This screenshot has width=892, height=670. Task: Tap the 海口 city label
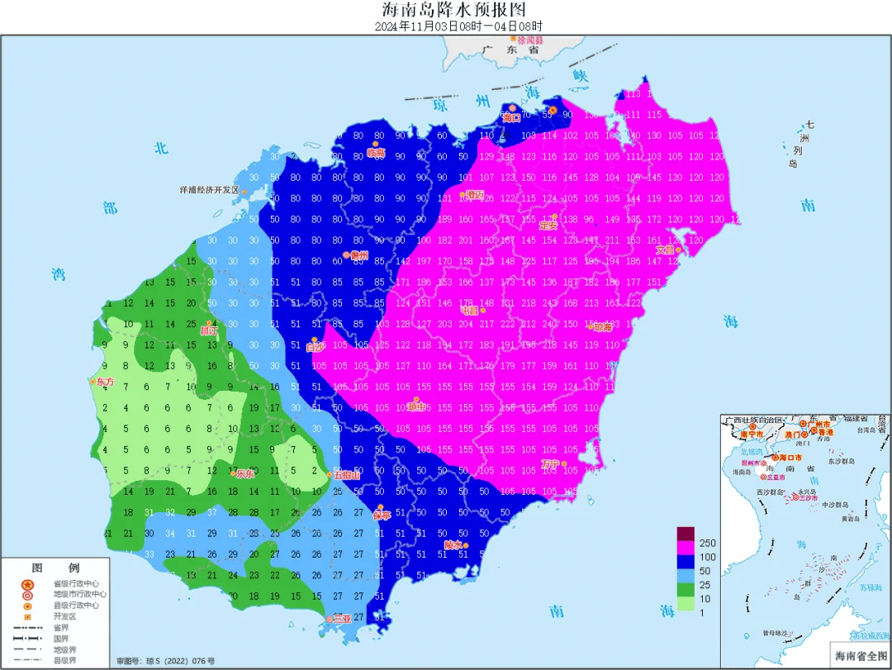[512, 117]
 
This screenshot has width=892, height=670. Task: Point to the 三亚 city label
[339, 619]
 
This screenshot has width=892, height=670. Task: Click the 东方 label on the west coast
[105, 383]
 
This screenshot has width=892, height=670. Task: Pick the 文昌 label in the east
[667, 249]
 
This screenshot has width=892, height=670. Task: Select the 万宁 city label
[551, 463]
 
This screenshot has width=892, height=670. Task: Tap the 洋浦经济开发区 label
[209, 189]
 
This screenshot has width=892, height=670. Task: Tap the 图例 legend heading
[55, 568]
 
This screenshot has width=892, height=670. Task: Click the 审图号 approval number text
[165, 661]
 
